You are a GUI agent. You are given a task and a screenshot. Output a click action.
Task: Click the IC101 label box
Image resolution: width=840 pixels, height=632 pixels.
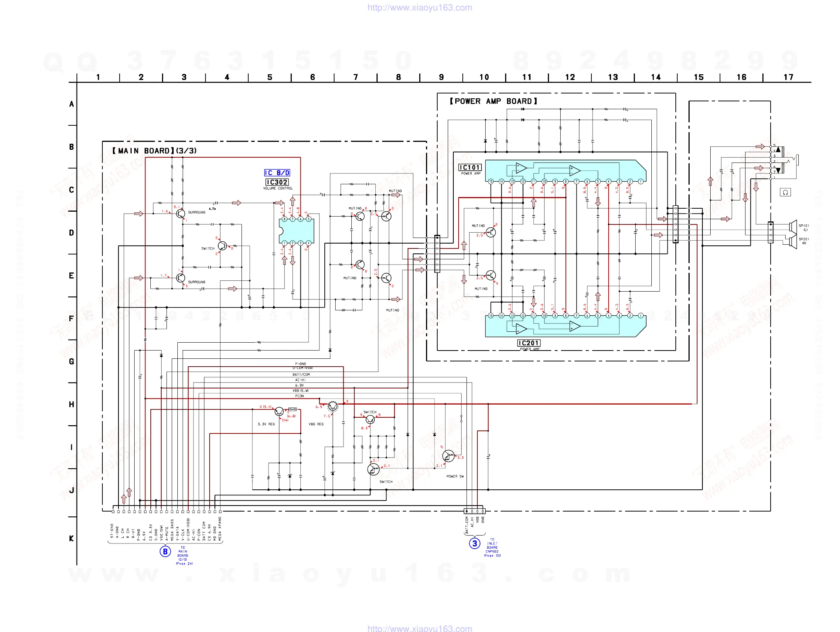coord(470,168)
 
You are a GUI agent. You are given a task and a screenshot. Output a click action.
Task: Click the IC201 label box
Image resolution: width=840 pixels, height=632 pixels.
coord(529,343)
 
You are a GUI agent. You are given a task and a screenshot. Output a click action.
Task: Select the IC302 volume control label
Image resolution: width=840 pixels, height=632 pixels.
coord(277,182)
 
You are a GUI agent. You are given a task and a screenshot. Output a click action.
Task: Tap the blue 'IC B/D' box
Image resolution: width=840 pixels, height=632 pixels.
coord(277,173)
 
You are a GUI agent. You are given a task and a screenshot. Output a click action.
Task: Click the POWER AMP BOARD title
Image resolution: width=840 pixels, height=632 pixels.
coord(493,101)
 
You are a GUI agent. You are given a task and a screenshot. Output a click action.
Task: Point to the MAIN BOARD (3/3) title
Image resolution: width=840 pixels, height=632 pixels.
coord(154,151)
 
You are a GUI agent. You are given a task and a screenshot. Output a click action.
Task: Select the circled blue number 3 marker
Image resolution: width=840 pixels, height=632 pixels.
coord(474,543)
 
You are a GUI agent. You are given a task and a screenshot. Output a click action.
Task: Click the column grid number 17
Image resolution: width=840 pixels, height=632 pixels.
coord(788,78)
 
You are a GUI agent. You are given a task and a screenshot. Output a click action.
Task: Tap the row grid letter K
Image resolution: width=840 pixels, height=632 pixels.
coord(71,539)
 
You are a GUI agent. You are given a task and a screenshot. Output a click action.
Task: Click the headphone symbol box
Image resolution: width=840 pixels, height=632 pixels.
coord(785,192)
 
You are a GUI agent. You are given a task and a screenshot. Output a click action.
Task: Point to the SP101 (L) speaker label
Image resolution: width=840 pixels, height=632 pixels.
coord(804,227)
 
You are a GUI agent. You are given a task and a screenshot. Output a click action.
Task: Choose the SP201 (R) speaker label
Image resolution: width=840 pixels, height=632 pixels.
coord(804,241)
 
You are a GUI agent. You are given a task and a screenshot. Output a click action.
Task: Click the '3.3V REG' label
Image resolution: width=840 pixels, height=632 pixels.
coord(266,424)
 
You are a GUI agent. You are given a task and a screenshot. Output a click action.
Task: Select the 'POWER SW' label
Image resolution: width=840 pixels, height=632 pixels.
coord(455,477)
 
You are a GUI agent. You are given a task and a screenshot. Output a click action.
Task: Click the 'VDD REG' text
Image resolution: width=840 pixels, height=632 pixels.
coord(316,424)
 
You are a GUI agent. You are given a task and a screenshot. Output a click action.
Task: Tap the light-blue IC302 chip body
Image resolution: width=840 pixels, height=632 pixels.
coord(297,231)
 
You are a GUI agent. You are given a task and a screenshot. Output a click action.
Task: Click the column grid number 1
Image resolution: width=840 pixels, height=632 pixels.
coord(98,78)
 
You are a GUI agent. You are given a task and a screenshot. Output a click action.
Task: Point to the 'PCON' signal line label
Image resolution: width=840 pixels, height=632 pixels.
coord(300,396)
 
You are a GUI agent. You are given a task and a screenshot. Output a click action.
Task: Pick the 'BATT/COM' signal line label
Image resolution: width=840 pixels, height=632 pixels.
coord(301,375)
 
